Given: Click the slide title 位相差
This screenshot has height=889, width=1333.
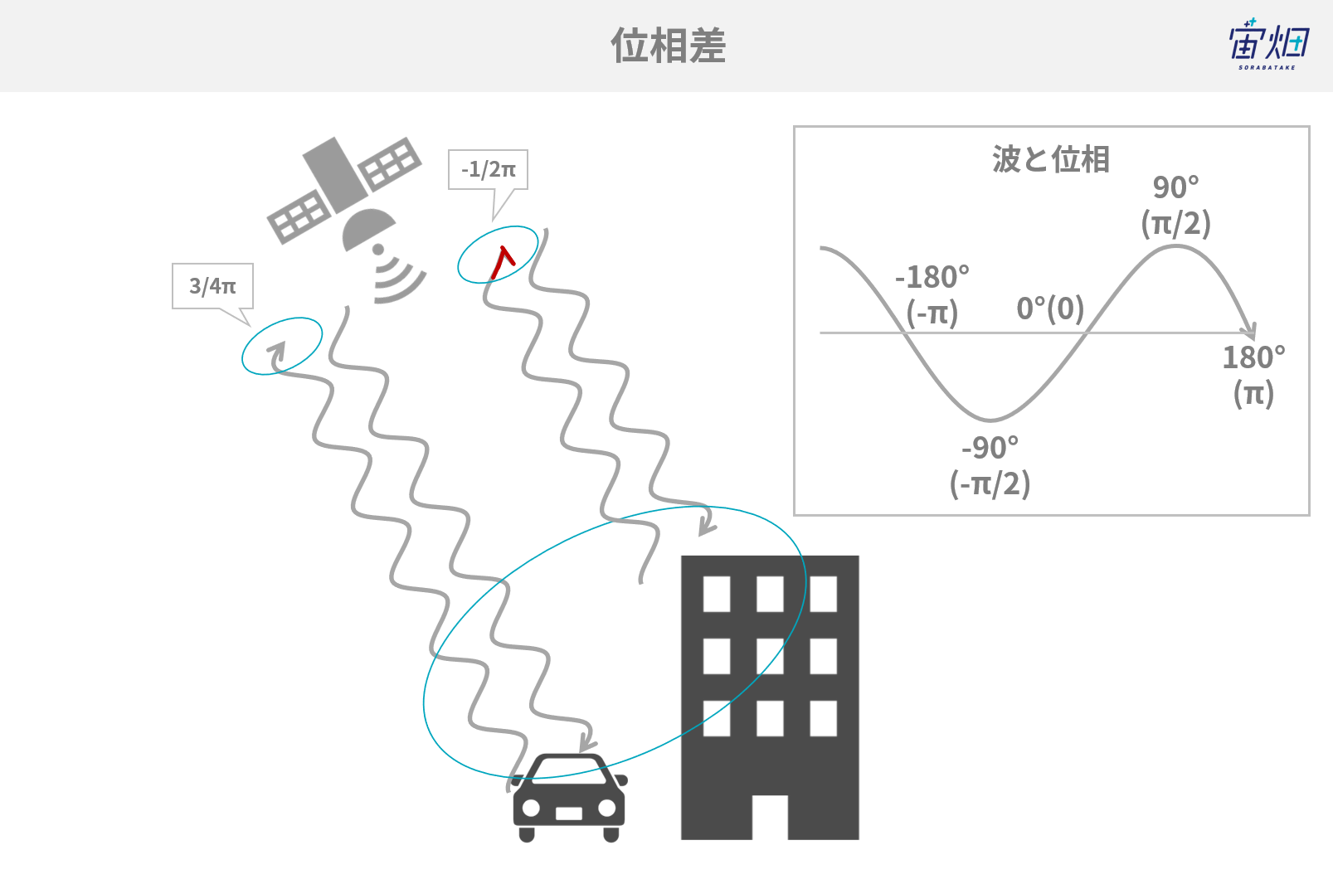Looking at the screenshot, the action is pyautogui.click(x=669, y=46).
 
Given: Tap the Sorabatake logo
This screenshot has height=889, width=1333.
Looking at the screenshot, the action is pyautogui.click(x=1269, y=44).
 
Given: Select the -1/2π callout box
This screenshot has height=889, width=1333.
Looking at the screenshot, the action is pyautogui.click(x=488, y=169).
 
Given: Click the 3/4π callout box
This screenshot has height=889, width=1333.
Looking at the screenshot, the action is pyautogui.click(x=212, y=286).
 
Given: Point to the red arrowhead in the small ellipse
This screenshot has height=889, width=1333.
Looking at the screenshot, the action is pyautogui.click(x=502, y=262).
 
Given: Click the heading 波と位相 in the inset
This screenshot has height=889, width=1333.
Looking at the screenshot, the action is pyautogui.click(x=1051, y=159).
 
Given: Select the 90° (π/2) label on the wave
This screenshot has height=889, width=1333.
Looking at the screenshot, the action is pyautogui.click(x=1176, y=206).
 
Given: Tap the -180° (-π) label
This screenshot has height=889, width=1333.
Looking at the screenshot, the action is pyautogui.click(x=932, y=295).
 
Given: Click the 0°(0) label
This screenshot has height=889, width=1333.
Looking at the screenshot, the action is pyautogui.click(x=1050, y=308).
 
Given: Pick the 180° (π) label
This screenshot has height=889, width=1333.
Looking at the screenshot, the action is pyautogui.click(x=1254, y=376).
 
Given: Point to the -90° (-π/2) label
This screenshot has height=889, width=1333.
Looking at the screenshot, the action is pyautogui.click(x=990, y=466).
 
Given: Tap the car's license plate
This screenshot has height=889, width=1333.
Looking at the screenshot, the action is pyautogui.click(x=569, y=813).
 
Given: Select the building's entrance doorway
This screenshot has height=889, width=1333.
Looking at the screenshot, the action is pyautogui.click(x=770, y=817).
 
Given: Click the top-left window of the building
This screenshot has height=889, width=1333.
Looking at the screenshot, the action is pyautogui.click(x=717, y=593).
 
